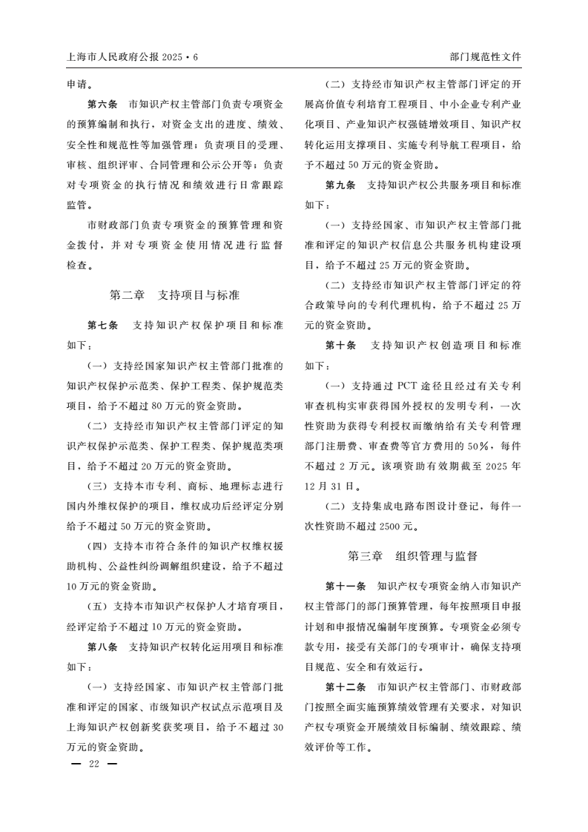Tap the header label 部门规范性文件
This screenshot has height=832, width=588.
point(485,56)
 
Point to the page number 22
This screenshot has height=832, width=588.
point(93,764)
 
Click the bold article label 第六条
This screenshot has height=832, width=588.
point(102,105)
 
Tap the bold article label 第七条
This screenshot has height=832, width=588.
point(102,326)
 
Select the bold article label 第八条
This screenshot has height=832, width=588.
point(102,647)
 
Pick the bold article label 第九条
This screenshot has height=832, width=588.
point(341,185)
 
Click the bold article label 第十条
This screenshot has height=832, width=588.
point(341,346)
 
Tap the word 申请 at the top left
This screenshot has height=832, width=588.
point(77,85)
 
